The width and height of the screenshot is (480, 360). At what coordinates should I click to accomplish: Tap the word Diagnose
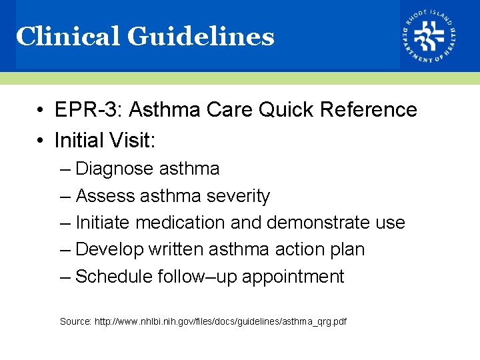pyautogui.click(x=114, y=169)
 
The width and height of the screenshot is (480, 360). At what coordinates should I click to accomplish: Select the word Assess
pyautogui.click(x=105, y=196)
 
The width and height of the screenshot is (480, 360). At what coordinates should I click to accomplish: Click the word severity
pyautogui.click(x=238, y=196)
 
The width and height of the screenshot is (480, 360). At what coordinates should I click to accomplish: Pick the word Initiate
pyautogui.click(x=103, y=223)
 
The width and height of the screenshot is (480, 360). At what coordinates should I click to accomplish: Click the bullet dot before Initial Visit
pyautogui.click(x=41, y=141)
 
